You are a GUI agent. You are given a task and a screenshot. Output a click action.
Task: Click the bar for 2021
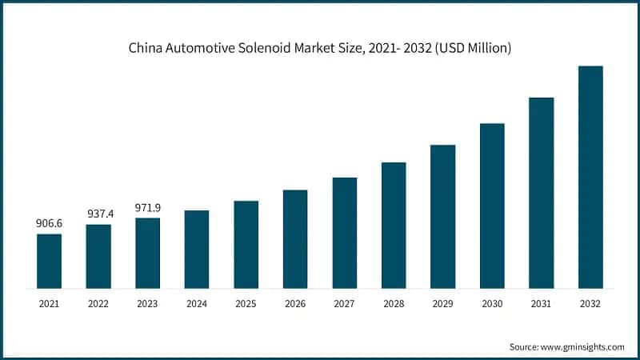point(49,261)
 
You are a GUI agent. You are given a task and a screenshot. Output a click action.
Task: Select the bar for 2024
point(197,249)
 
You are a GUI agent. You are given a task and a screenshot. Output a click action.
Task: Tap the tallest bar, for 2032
point(590,177)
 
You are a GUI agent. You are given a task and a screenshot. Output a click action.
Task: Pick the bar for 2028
point(394,225)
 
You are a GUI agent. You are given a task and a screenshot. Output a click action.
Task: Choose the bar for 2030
point(492,206)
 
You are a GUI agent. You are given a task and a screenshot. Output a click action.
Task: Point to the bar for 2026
point(295,238)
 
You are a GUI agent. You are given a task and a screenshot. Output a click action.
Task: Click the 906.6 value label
point(49,224)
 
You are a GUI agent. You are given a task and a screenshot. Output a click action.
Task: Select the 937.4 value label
point(98,214)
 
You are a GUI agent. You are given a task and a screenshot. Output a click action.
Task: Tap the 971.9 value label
point(148,207)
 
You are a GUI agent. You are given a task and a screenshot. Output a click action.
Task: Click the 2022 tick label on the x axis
point(98,304)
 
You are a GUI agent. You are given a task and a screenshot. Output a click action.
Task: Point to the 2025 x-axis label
point(246,304)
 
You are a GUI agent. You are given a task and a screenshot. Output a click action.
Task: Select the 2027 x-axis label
point(344,304)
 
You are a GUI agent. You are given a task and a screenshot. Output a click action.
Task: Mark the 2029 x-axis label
point(442,304)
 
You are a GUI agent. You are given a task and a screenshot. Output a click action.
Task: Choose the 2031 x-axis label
point(541,304)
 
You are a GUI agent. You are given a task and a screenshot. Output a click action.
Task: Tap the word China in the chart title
point(146,49)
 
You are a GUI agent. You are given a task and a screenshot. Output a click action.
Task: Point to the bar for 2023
point(148,253)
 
